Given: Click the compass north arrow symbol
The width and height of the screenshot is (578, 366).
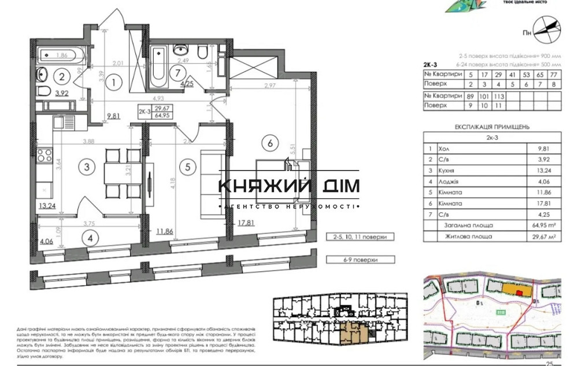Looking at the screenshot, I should (546, 26).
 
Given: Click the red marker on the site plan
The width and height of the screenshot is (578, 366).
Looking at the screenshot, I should (519, 293).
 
